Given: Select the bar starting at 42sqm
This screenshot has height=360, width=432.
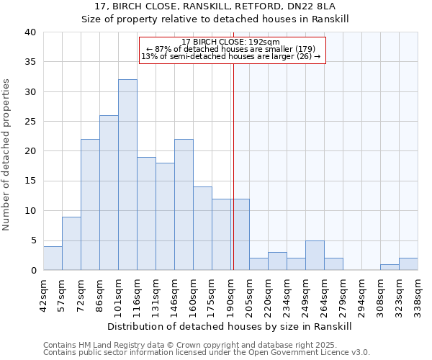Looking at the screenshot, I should (x=53, y=258).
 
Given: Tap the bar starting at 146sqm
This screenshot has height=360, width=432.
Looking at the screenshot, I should (x=184, y=204).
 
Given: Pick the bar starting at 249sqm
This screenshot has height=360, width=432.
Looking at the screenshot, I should (x=315, y=256).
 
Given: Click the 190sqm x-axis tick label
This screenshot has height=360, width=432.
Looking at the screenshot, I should (x=230, y=294).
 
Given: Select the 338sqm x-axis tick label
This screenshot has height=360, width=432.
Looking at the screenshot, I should (x=418, y=294).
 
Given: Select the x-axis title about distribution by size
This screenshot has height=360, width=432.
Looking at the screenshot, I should (x=230, y=326).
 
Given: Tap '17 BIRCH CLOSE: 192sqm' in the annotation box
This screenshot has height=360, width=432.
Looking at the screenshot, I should (x=231, y=42).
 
